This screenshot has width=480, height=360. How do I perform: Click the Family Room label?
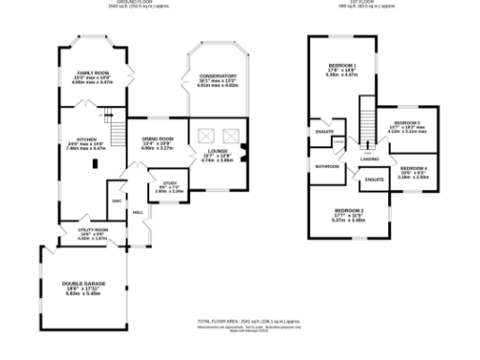[x=92, y=72]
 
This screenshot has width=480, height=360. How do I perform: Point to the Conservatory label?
[x=217, y=76]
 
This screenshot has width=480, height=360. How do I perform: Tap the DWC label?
[x=117, y=200]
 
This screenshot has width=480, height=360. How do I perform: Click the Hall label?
[x=138, y=213]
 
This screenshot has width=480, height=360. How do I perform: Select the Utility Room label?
[x=92, y=229]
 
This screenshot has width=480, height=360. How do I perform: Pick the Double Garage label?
[x=83, y=282]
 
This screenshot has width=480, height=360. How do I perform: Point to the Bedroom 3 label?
[x=408, y=123]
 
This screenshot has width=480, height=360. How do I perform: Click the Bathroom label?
[x=326, y=167]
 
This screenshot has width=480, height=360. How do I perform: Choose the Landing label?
[x=368, y=159]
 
